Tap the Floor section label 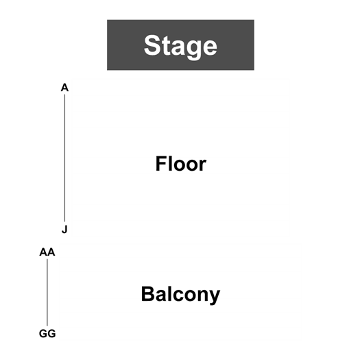tap(181, 164)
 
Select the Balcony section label tap(181, 295)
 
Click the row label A tap(64, 88)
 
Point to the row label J tap(64, 229)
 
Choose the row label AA tap(47, 252)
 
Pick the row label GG tap(47, 333)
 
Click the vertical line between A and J tap(64, 158)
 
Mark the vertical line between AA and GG tap(47, 292)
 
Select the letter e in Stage tap(209, 48)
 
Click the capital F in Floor tap(161, 164)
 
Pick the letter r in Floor tap(202, 165)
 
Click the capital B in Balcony tap(148, 294)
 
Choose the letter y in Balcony tap(214, 298)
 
